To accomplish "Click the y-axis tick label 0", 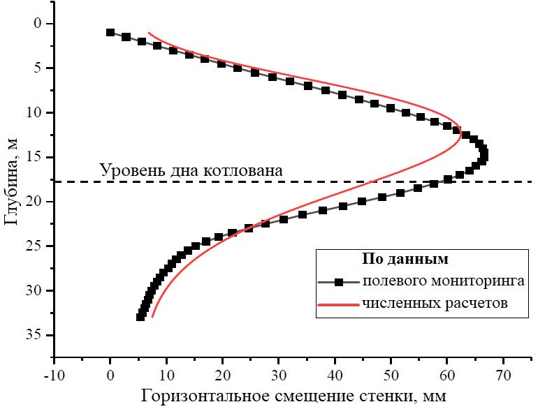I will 38,24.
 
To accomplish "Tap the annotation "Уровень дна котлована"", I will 191,170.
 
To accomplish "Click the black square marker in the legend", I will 338,283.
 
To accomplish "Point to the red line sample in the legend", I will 338,304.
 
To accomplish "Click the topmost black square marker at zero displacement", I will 110,32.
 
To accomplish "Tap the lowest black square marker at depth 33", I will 140,317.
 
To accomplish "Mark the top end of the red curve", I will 148,32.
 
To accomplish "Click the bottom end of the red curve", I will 152,317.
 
